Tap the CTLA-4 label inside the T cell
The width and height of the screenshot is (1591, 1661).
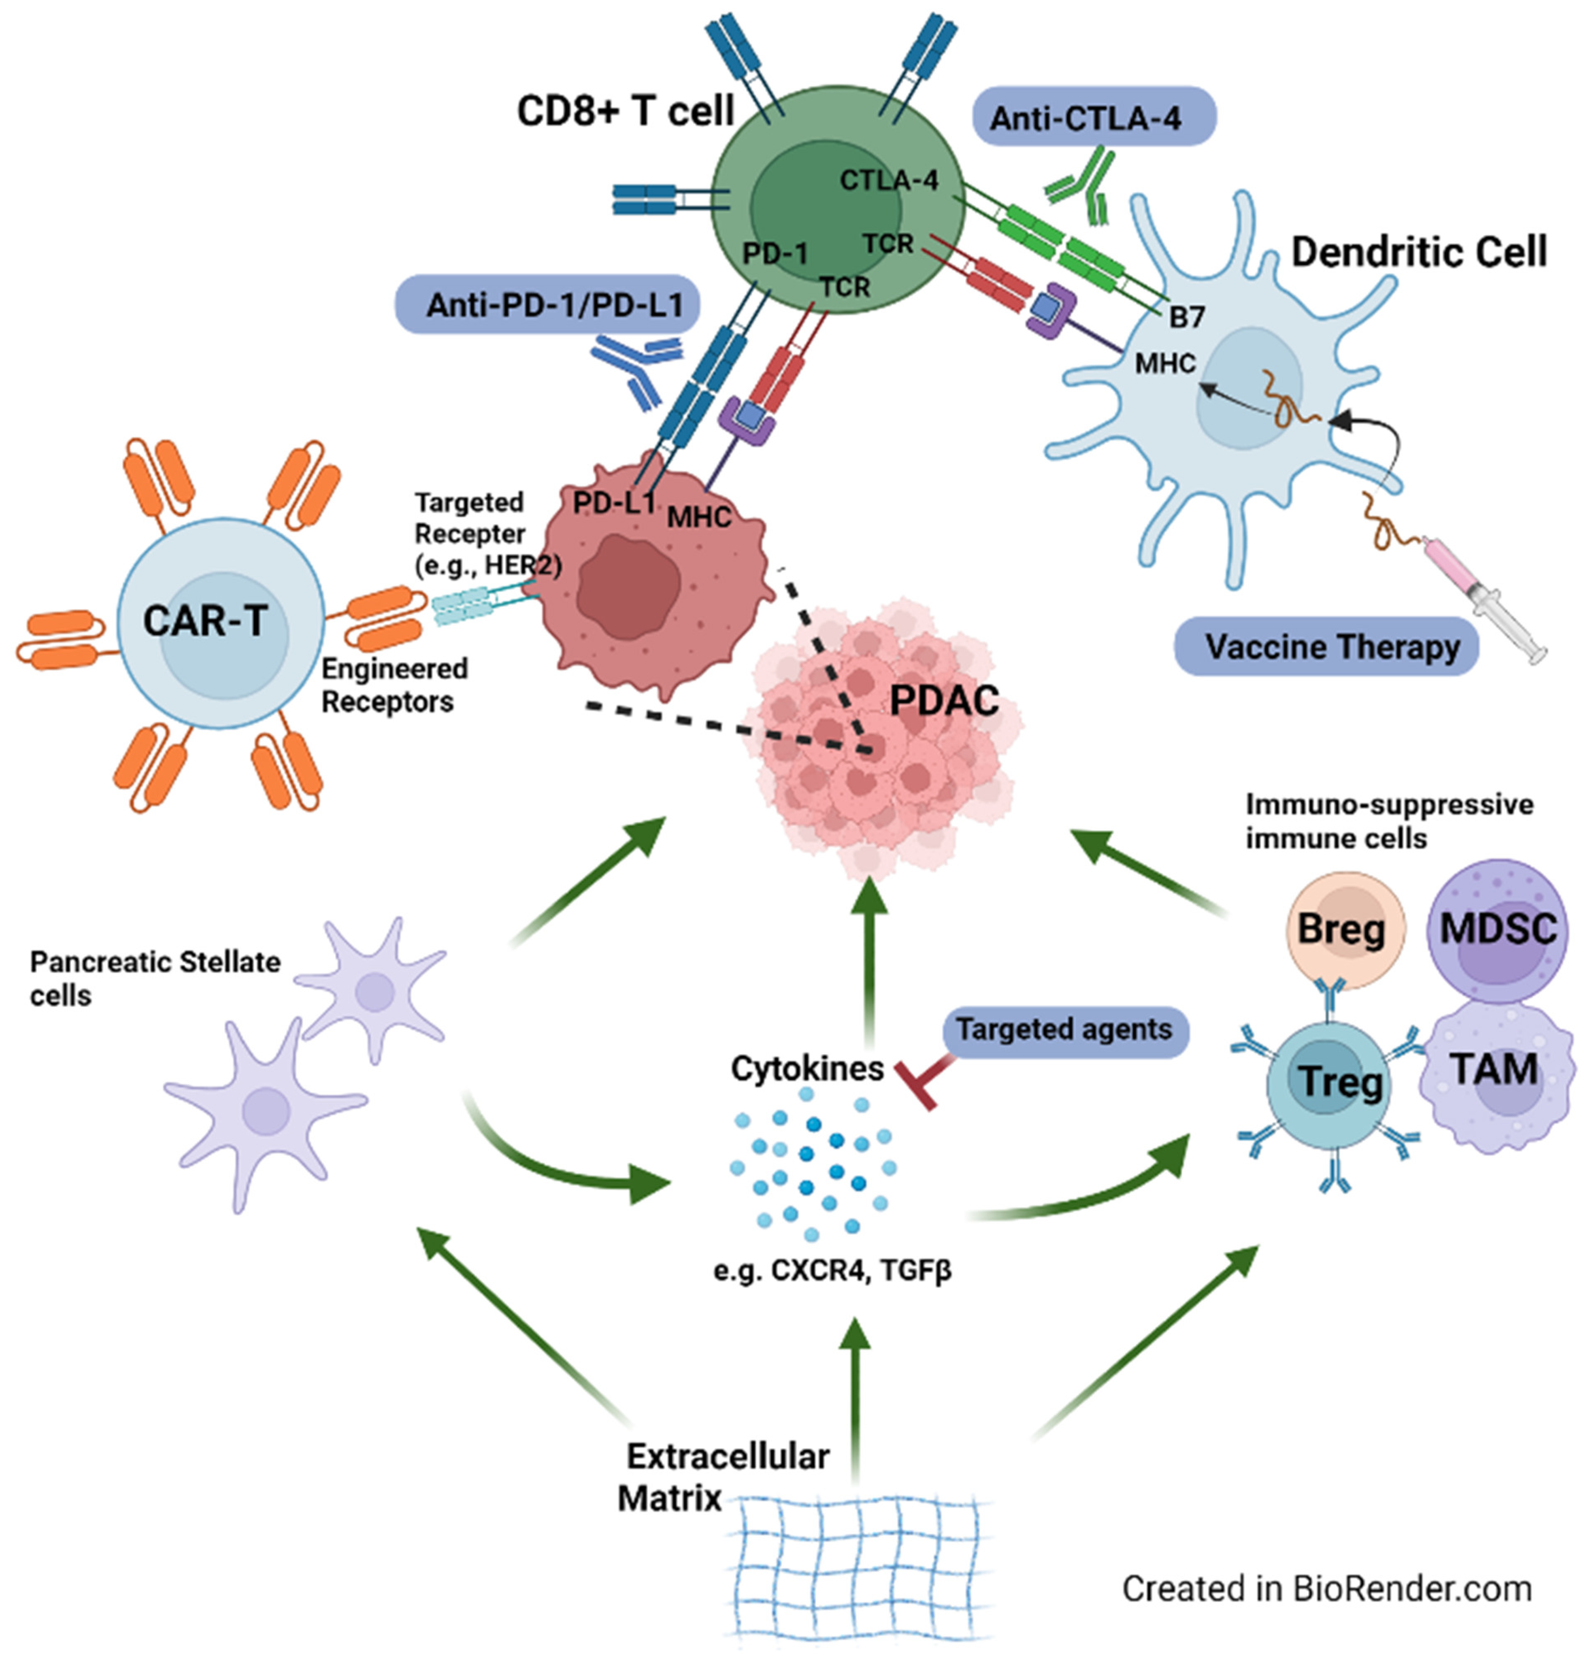point(888,180)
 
